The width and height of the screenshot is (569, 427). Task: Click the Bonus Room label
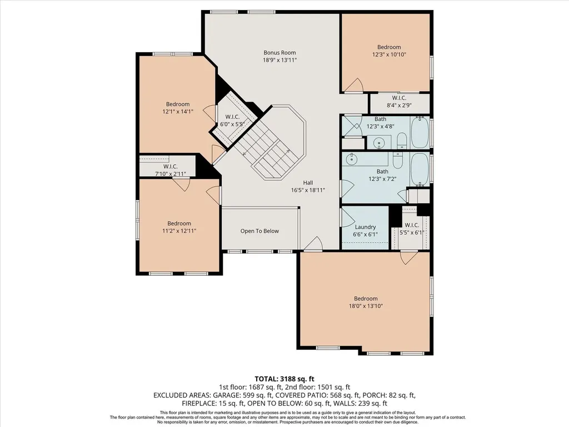tap(279, 53)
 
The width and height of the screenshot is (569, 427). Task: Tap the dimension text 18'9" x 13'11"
tap(279, 60)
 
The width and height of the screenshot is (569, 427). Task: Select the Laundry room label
tap(365, 227)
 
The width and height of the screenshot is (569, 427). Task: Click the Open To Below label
tap(259, 231)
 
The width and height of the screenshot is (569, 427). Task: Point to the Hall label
tap(308, 182)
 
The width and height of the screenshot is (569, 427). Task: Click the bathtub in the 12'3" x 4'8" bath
tap(420, 132)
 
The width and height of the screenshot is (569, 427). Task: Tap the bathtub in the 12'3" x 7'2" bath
tap(420, 170)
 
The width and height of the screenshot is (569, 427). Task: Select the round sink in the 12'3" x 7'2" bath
tap(352, 158)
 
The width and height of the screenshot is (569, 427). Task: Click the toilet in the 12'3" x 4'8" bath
tap(402, 141)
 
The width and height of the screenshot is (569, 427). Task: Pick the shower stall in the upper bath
tap(352, 126)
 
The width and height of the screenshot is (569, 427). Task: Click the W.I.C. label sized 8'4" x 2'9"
tap(399, 98)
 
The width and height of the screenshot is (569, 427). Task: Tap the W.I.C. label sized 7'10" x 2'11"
tap(170, 167)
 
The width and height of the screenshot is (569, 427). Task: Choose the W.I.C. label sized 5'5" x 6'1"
tap(412, 225)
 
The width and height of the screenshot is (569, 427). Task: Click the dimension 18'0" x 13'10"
tap(366, 306)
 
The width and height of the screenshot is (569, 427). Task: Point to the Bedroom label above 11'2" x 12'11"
tap(179, 224)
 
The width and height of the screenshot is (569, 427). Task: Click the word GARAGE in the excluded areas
tap(227, 395)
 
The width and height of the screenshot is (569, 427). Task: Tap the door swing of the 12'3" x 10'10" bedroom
tap(354, 85)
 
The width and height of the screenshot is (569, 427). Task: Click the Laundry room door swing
tap(347, 217)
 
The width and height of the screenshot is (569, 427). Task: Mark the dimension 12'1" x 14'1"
tap(178, 112)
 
